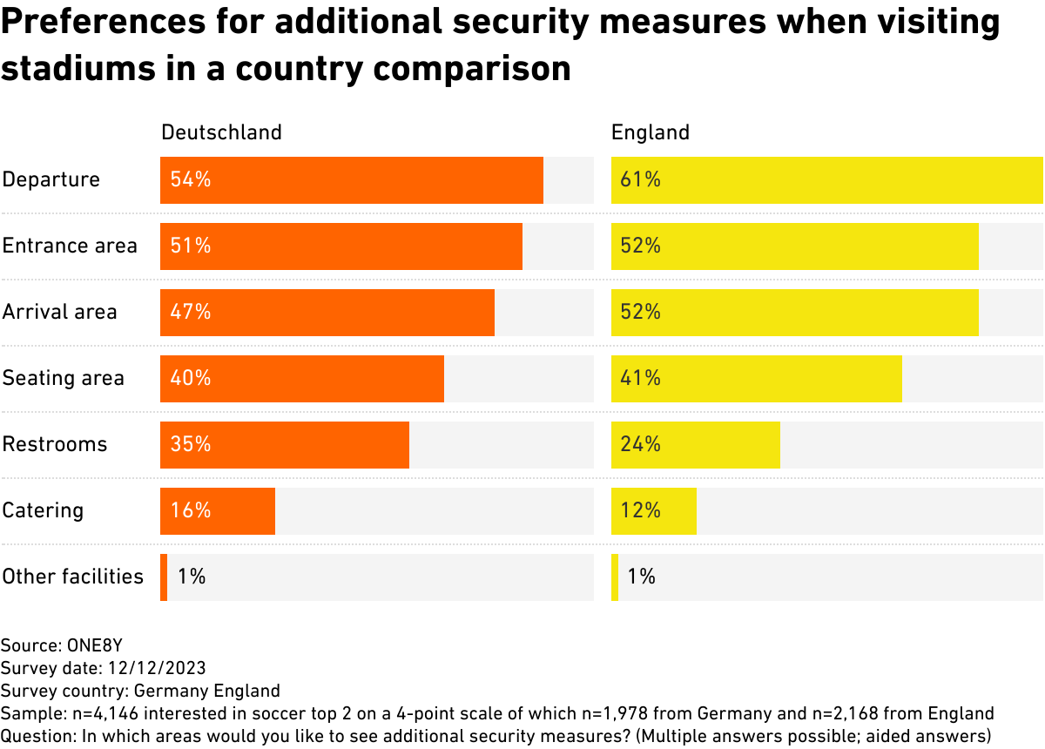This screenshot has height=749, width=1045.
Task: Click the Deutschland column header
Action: pyautogui.click(x=221, y=132)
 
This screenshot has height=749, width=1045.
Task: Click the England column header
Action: pyautogui.click(x=650, y=132)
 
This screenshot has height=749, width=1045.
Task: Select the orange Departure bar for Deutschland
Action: pyautogui.click(x=351, y=180)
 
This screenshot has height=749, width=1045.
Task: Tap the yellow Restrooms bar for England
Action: pyautogui.click(x=695, y=445)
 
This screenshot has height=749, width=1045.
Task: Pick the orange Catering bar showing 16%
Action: pyautogui.click(x=217, y=511)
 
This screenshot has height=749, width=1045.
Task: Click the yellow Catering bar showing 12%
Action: pyautogui.click(x=653, y=511)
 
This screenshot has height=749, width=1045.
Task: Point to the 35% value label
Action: pyautogui.click(x=191, y=444)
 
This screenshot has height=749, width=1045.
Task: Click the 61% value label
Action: pyautogui.click(x=640, y=180)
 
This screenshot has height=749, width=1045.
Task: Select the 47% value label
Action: pyautogui.click(x=191, y=312)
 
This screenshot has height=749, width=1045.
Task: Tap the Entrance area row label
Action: pyautogui.click(x=70, y=246)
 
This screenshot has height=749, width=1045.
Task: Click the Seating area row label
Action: pyautogui.click(x=64, y=378)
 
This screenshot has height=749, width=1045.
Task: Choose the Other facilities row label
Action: pyautogui.click(x=72, y=577)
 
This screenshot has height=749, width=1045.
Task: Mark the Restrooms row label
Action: pyautogui.click(x=55, y=444)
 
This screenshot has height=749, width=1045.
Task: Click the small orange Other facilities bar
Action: pyautogui.click(x=164, y=577)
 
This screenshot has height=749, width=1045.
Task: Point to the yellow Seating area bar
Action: pyautogui.click(x=756, y=379)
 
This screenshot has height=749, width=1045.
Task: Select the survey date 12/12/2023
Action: pyautogui.click(x=157, y=669)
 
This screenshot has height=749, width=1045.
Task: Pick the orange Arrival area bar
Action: pyautogui.click(x=327, y=313)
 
